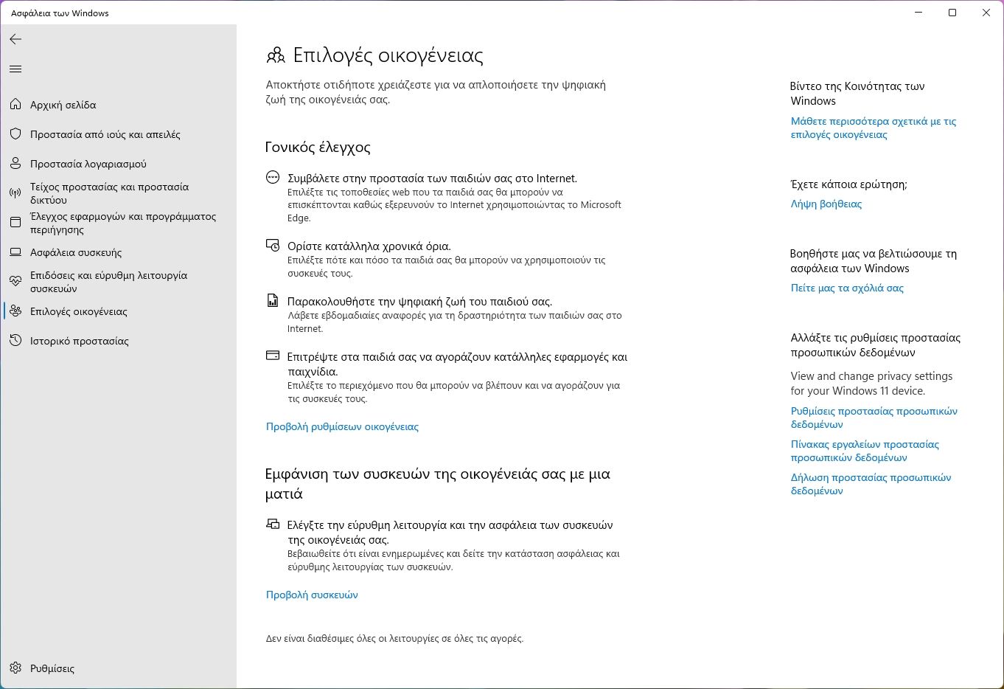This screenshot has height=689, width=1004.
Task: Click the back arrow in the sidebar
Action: [x=15, y=39]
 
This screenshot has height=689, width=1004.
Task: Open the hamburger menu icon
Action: [x=15, y=69]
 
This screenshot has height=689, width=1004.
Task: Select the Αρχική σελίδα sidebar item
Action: [x=63, y=105]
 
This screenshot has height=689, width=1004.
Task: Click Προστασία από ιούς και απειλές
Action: [x=105, y=134]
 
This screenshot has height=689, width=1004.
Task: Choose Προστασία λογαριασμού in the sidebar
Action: [x=88, y=164]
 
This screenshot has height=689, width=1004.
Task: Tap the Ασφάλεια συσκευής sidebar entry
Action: [x=75, y=252]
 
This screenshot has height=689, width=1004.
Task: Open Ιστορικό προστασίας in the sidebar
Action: [x=79, y=341]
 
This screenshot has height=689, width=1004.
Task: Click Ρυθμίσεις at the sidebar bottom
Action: [x=52, y=668]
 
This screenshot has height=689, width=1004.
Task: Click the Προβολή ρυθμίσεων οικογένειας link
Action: [x=342, y=426]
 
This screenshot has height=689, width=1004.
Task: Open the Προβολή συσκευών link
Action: [x=312, y=595]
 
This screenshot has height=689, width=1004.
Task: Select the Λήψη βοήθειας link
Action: [x=826, y=204]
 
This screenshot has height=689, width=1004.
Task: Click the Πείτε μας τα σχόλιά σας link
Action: [x=847, y=288]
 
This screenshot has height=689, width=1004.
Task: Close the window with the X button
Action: [x=986, y=13]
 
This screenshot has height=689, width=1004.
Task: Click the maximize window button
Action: [x=952, y=13]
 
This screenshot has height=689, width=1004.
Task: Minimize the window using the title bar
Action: [x=918, y=13]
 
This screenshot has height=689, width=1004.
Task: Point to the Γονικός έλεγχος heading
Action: [x=318, y=147]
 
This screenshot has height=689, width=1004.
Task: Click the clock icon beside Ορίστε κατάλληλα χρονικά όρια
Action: [x=273, y=245]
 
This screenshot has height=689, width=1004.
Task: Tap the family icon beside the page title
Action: [x=275, y=55]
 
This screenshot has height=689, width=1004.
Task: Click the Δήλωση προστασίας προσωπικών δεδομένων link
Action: [x=871, y=484]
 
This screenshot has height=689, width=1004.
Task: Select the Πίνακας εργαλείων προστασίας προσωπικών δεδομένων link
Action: [x=865, y=451]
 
